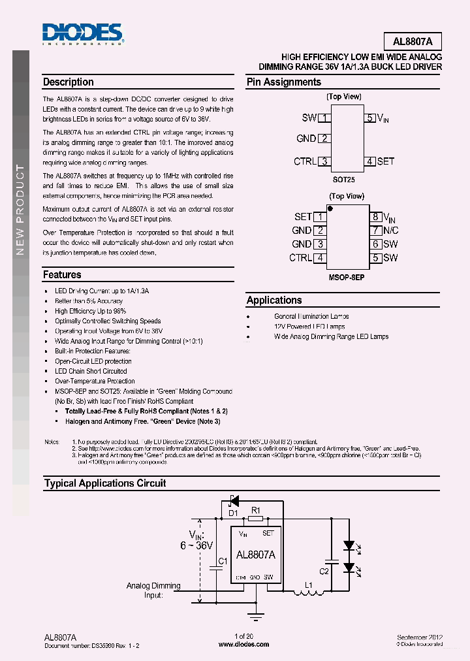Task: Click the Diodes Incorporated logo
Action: [82, 34]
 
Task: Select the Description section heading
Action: [68, 82]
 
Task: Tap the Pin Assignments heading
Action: [283, 82]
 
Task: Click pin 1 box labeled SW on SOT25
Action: [324, 118]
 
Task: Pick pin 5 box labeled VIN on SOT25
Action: [369, 118]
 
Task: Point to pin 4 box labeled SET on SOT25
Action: [369, 161]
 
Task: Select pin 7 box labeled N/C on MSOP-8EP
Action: [375, 231]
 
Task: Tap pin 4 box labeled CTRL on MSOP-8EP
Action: [320, 258]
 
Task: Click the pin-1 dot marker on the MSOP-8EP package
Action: [331, 210]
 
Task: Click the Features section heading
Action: [62, 275]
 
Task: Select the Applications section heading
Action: [274, 300]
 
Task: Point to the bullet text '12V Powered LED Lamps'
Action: [309, 327]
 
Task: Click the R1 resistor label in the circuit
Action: [256, 509]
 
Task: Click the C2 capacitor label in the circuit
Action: [324, 571]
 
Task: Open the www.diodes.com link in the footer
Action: [243, 645]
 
